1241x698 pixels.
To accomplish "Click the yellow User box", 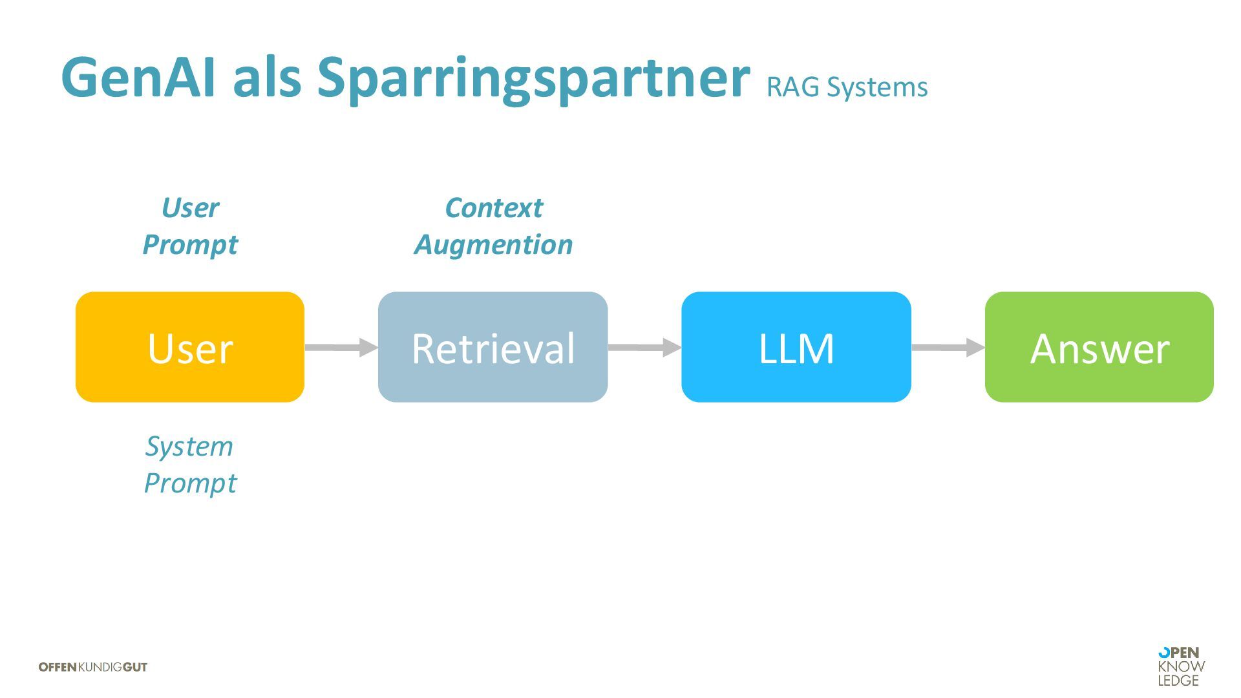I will [190, 347].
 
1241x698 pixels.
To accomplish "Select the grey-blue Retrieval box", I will [493, 347].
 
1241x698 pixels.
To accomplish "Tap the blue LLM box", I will [796, 347].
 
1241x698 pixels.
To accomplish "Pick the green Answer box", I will [1099, 347].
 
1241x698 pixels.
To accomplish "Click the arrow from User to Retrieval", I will [341, 347].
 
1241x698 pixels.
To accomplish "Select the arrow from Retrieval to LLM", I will [644, 347].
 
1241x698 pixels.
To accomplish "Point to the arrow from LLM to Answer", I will [948, 347].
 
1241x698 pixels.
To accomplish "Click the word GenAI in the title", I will [138, 78].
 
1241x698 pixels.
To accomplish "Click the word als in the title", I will [267, 78].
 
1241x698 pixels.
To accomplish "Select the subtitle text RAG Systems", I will [847, 87].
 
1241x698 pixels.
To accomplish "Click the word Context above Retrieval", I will [494, 208].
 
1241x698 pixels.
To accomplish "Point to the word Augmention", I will [494, 245].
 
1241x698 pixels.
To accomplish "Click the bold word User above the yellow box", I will [190, 208].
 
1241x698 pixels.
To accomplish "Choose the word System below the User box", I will [189, 447].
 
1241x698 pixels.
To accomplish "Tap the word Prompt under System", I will [190, 483].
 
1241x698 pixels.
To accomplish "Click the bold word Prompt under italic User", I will [190, 245].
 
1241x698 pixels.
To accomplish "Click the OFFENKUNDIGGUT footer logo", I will [93, 667].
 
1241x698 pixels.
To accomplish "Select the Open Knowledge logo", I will [1181, 666].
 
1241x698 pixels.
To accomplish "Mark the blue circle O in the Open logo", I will [1163, 653].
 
